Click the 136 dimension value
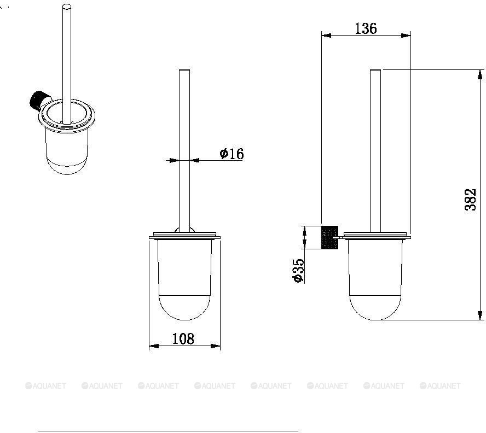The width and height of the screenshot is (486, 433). coord(366,28)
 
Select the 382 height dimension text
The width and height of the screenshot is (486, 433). coord(470,200)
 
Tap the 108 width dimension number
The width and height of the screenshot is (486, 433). coord(183,339)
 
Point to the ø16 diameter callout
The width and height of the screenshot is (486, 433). coord(232,153)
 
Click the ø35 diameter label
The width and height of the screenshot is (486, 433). coord(298,271)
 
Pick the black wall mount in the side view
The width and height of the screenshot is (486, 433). coord(330,237)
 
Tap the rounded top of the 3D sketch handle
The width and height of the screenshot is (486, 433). coord(67,7)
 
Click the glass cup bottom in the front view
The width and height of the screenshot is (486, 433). coord(184,308)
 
